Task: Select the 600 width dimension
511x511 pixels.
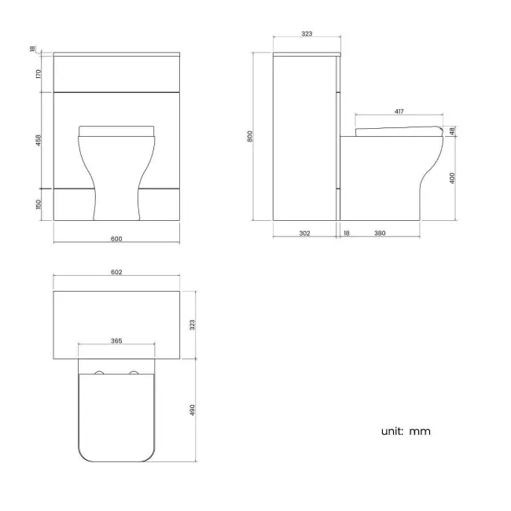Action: click(x=117, y=238)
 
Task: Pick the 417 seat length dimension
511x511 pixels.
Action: click(x=399, y=112)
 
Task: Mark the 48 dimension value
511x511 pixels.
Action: click(x=454, y=131)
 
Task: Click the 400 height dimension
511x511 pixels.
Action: click(x=454, y=178)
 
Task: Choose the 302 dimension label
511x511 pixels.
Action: click(x=305, y=233)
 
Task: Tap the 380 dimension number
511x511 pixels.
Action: click(x=380, y=233)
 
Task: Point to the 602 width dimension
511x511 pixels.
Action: click(x=117, y=273)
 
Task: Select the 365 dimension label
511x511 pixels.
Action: click(x=116, y=341)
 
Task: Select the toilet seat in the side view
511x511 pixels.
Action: click(x=399, y=130)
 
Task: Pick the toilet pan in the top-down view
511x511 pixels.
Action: click(x=116, y=413)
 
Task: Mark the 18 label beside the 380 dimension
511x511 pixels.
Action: click(x=346, y=233)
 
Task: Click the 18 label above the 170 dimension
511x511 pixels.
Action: click(x=33, y=50)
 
